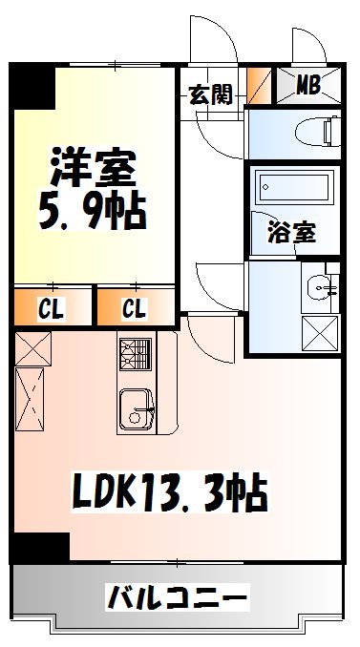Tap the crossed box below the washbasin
[x=320, y=333]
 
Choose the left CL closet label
[x=51, y=307]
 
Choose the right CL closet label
[x=134, y=307]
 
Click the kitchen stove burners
[x=133, y=357]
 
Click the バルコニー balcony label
[x=178, y=600]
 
